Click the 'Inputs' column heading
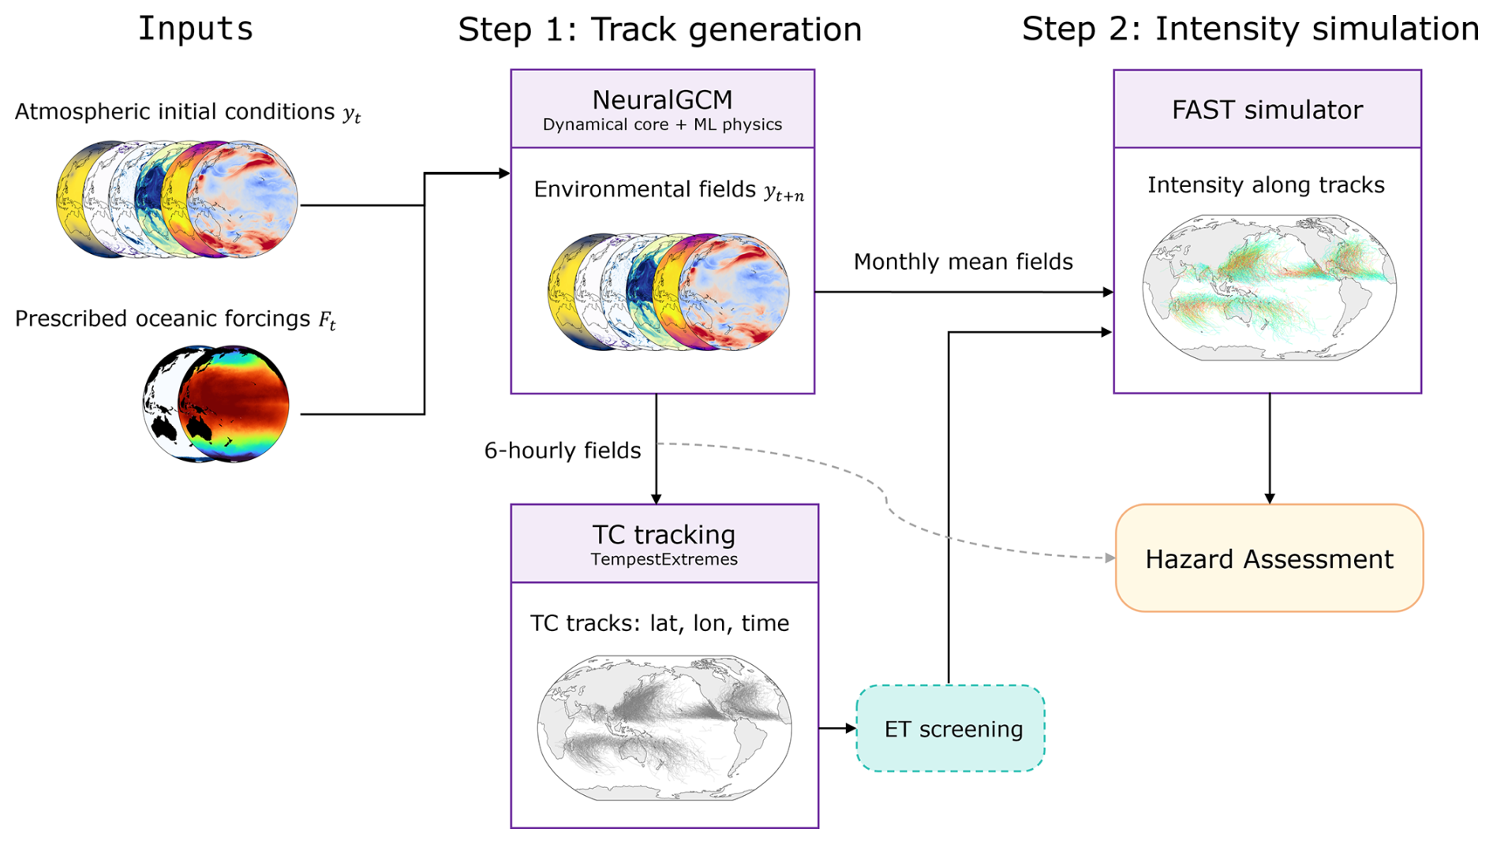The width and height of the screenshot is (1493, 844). (196, 29)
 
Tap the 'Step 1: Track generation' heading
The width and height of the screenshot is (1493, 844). (660, 30)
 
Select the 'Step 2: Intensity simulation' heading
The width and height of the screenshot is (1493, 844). (1250, 29)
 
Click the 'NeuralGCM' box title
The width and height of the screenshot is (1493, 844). (662, 100)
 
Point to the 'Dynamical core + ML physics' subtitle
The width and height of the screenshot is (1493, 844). (662, 125)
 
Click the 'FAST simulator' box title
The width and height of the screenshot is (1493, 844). (1267, 110)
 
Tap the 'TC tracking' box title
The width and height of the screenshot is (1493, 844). (664, 535)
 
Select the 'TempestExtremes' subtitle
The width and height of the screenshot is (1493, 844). (664, 559)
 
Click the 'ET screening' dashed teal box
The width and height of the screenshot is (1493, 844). (951, 728)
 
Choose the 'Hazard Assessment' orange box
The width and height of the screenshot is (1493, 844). (1269, 558)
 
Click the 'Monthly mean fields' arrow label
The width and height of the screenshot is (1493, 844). (963, 262)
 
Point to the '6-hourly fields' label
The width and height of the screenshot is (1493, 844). (563, 450)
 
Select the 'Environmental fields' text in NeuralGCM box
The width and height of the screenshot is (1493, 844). (645, 189)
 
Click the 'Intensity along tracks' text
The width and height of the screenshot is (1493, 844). (1266, 185)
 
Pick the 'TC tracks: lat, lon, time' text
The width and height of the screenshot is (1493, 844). (660, 623)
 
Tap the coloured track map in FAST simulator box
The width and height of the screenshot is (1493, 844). (1269, 288)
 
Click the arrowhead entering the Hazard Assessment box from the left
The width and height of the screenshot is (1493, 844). (1109, 558)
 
